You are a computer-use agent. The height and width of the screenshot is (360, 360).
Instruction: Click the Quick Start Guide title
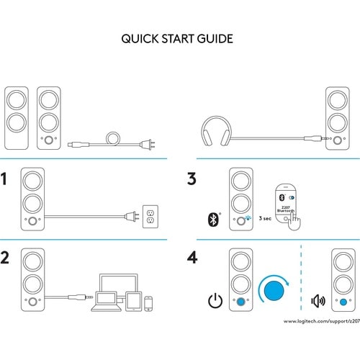pos(177,38)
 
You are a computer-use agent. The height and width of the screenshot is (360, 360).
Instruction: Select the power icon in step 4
pos(214,300)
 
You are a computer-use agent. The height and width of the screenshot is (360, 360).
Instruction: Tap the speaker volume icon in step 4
pos(316,301)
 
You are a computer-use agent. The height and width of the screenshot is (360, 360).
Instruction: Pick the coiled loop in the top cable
pos(112,137)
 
